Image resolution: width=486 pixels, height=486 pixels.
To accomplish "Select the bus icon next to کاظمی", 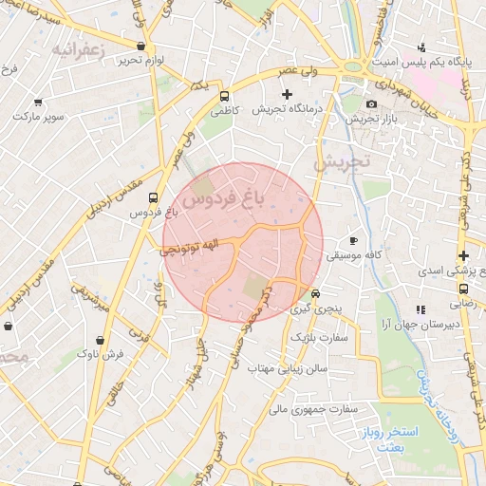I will click(x=225, y=96).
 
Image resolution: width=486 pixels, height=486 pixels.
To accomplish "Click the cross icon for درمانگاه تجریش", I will click(x=288, y=94).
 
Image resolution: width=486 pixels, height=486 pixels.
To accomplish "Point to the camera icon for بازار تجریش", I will click(x=370, y=103).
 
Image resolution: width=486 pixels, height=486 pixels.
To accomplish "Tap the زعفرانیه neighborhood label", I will click(x=76, y=47).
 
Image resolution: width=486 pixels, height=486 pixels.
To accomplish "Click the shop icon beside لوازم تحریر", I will click(x=141, y=46).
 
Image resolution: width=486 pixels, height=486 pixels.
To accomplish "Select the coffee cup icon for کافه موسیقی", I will click(x=354, y=241).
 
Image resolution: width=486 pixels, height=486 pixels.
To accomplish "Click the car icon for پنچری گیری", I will click(x=316, y=293).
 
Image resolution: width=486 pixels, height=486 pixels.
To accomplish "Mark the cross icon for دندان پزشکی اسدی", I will click(x=463, y=255).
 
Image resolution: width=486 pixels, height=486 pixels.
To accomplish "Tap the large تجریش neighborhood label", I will click(x=338, y=162).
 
